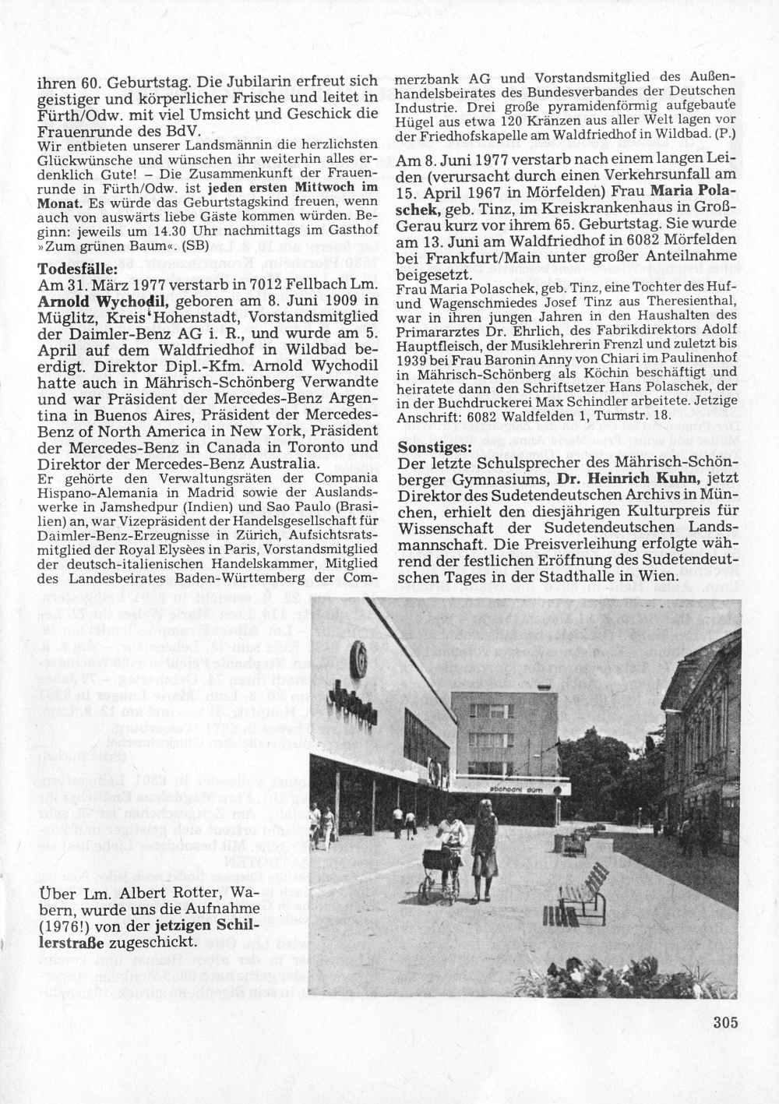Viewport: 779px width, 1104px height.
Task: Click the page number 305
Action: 724,1022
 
